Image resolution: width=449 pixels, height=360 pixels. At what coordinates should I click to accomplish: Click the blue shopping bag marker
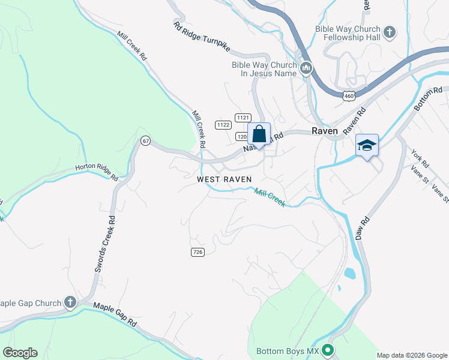[259, 134]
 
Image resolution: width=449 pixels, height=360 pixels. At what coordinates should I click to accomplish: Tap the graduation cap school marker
[367, 145]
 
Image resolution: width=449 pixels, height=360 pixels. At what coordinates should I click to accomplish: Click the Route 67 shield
[145, 140]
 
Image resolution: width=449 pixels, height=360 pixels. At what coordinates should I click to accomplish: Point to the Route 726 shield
[197, 251]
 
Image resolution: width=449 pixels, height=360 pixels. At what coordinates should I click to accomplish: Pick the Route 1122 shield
[223, 125]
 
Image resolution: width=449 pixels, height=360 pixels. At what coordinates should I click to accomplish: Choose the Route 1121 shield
[243, 118]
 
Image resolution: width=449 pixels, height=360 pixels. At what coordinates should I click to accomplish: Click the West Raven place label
[224, 179]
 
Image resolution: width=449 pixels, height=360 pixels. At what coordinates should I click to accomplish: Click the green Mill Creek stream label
[270, 197]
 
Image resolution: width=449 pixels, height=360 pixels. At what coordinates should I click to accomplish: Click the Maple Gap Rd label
[115, 314]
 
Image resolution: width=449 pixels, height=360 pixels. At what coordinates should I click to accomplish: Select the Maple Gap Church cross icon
[70, 302]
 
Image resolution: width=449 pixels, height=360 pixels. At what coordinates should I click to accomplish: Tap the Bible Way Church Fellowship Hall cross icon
[389, 31]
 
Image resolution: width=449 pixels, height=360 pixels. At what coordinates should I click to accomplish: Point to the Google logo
[20, 352]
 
